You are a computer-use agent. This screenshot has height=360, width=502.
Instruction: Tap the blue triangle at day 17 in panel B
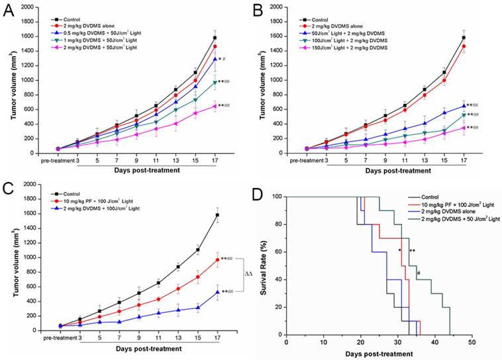pos(464,106)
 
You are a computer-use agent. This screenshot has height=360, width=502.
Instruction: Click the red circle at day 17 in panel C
pos(217,260)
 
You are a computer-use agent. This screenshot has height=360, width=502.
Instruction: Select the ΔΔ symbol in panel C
pos(248,273)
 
